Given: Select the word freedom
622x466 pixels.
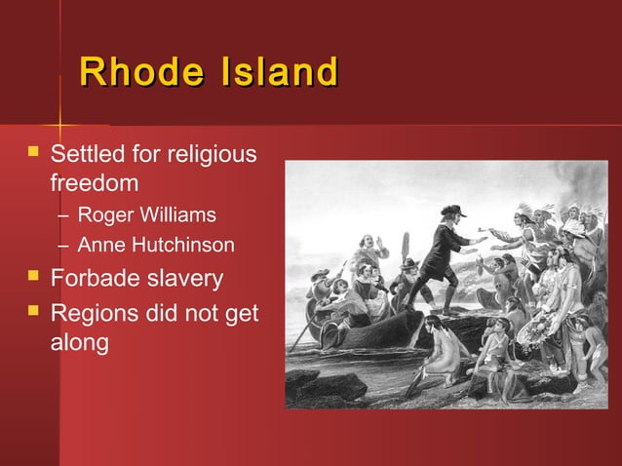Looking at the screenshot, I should point(94,182).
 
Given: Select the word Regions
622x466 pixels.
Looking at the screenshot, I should point(97,313).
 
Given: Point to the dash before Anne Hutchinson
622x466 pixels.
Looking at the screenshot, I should point(62,245).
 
